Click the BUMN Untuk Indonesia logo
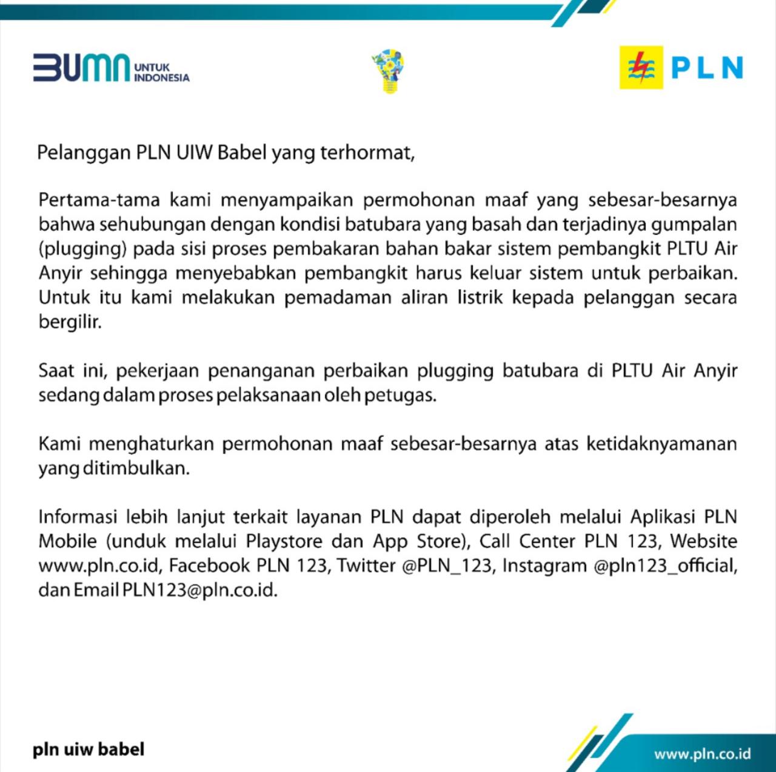tap(111, 68)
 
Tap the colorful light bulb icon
tap(388, 72)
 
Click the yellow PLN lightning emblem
tap(641, 67)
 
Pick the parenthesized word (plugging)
tap(82, 249)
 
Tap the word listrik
tap(480, 298)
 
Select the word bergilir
tap(69, 322)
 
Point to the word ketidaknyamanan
tap(661, 444)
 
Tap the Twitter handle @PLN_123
tap(447, 566)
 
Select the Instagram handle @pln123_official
tap(665, 566)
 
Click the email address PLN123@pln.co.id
tap(200, 590)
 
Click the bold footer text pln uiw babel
tap(89, 750)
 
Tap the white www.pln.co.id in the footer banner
tap(702, 754)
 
